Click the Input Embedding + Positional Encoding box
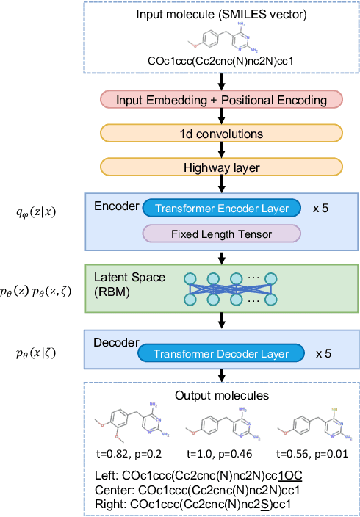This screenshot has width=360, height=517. (221, 100)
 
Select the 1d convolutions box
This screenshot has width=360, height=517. (221, 134)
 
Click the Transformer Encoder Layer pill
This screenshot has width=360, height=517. (221, 209)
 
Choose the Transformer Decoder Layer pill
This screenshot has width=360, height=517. (221, 352)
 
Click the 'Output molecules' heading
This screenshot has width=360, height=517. (221, 395)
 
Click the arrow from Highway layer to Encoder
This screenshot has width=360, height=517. (221, 184)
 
